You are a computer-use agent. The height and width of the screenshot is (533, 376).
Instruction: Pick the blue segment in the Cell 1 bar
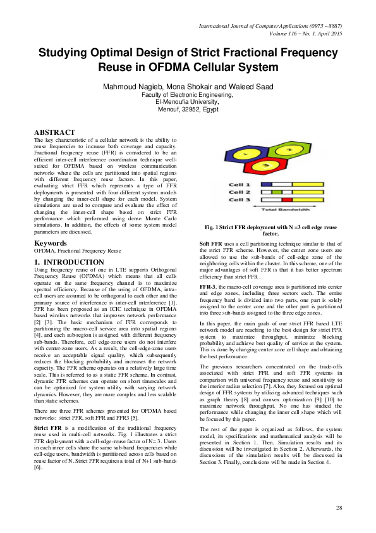click(266, 184)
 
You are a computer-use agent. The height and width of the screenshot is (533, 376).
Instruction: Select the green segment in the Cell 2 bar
click(276, 191)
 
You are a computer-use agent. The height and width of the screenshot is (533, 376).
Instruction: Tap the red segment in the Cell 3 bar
click(287, 199)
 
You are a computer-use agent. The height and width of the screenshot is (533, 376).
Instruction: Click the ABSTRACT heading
click(54, 132)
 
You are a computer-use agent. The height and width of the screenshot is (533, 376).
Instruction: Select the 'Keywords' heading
click(51, 243)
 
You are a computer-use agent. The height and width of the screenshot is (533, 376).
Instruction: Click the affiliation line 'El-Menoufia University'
click(187, 101)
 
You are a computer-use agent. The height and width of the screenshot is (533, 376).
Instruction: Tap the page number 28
click(339, 508)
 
